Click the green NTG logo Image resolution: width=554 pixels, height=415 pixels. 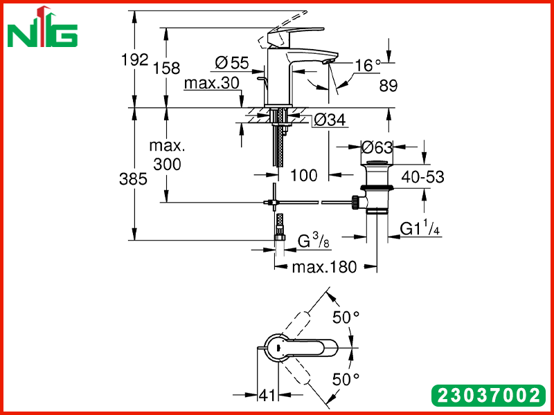pos(42,28)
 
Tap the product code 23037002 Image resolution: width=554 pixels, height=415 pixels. pos(489,395)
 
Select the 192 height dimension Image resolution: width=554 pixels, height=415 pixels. pos(134,59)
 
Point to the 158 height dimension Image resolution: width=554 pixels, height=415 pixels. pos(166,68)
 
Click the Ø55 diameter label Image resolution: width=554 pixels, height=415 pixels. pos(232,63)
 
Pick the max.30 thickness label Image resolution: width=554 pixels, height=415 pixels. pos(212,83)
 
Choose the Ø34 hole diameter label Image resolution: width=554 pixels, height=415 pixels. pos(330,120)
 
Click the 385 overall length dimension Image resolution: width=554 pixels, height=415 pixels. pos(133,179)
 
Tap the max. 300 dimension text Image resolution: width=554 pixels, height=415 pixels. pos(167,155)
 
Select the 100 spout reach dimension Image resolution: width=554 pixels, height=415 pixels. pos(304,175)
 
